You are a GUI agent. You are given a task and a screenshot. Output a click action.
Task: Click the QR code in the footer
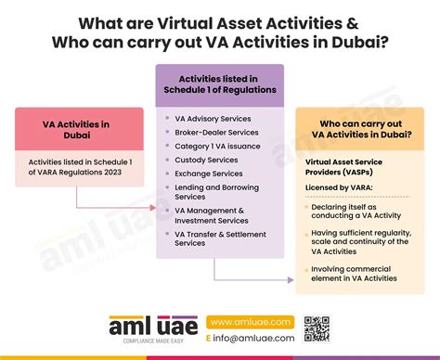(317, 329)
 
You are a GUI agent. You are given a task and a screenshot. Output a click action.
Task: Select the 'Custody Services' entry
(207, 160)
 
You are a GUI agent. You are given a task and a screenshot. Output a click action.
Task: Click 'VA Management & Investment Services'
(212, 215)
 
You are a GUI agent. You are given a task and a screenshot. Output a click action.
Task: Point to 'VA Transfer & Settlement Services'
(215, 238)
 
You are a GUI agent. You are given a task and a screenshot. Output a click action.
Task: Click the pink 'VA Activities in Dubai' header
(79, 128)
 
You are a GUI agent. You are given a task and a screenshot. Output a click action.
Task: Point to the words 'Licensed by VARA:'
(337, 187)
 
